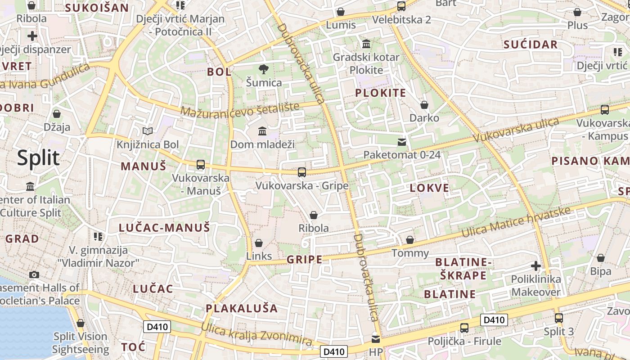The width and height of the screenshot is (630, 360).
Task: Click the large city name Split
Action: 38,158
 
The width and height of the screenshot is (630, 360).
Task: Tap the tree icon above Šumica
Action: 264,69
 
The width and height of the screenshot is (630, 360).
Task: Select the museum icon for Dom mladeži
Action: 262,131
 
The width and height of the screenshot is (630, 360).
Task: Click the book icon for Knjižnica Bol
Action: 148,131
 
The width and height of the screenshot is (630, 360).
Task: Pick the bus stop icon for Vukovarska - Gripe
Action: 302,172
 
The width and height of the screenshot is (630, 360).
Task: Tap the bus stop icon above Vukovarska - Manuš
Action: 201,165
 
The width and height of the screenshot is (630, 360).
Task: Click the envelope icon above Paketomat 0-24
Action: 402,142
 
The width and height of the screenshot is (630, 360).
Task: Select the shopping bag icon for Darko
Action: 424,105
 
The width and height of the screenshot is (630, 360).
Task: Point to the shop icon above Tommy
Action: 410,240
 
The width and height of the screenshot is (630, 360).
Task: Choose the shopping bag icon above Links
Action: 259,243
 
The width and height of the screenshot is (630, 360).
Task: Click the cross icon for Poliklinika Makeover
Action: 535,266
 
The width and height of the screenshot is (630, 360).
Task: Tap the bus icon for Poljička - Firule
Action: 464,328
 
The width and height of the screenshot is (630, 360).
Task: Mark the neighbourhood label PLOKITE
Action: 381,93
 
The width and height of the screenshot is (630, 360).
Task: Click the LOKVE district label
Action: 429,188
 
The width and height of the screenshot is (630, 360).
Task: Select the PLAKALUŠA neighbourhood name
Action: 242,308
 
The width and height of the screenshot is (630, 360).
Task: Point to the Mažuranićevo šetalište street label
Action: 240,109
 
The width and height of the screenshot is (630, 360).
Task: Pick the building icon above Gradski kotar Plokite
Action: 366,45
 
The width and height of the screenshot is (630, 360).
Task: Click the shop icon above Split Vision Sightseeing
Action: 81,324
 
